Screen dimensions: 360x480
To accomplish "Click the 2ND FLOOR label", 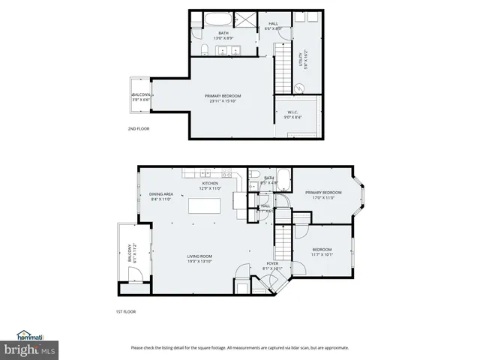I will [x=139, y=129].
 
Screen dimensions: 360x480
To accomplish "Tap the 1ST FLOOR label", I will [x=125, y=311].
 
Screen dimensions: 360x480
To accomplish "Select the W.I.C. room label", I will [x=292, y=115].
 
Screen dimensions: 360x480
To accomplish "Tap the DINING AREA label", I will [x=161, y=196].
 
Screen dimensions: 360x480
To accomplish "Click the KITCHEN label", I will [x=210, y=186].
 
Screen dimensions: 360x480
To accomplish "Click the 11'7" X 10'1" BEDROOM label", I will [x=322, y=252].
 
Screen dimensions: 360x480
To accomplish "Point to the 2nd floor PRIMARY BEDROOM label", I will [x=223, y=98].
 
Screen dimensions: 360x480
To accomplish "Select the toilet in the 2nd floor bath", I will [x=205, y=50].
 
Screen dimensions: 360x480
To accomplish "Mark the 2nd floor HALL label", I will [x=273, y=26].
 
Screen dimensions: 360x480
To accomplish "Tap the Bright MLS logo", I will [x=28, y=349].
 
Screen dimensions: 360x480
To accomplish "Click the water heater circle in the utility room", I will [x=299, y=88].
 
